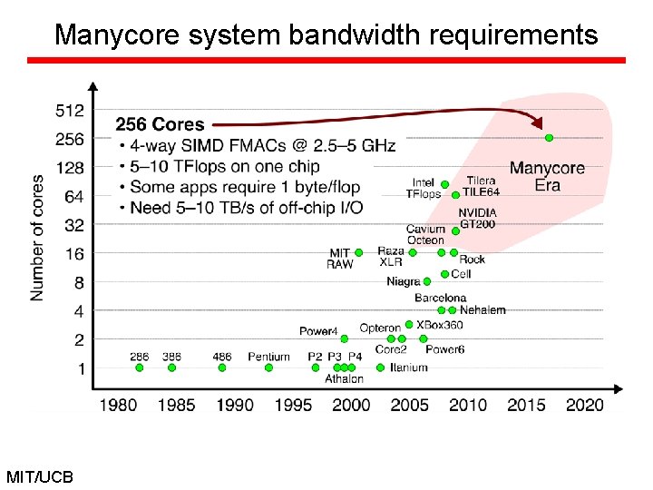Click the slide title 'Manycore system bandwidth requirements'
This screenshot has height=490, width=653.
(326, 34)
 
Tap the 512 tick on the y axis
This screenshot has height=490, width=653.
(69, 111)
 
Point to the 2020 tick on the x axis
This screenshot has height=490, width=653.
(584, 405)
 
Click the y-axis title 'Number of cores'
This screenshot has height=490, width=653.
(38, 237)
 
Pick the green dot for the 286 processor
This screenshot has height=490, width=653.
(139, 367)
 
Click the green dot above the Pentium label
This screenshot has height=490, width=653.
(268, 367)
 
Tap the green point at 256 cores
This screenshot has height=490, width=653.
(549, 138)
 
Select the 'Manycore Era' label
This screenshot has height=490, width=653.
(547, 177)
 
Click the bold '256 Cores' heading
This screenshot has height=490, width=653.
(160, 124)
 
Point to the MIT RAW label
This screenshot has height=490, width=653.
(339, 259)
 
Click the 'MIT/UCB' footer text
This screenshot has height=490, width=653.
(40, 476)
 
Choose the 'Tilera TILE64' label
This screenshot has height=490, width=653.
(481, 186)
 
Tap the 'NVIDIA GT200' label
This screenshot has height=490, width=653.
(476, 218)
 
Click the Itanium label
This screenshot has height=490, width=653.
(408, 367)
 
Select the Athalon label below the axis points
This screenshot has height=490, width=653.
(344, 379)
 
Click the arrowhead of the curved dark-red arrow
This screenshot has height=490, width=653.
(539, 124)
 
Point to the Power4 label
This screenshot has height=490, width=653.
(318, 331)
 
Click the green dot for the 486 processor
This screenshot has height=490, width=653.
(222, 367)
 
